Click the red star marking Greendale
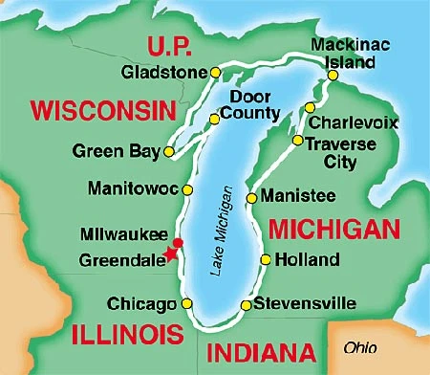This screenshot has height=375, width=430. tap(171, 253)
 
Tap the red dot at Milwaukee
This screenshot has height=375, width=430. tap(177, 241)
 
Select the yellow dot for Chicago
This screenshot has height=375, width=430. tap(187, 304)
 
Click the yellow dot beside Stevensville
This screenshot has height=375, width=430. tap(246, 305)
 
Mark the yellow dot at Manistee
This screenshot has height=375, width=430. tap(251, 198)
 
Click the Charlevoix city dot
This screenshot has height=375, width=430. tap(309, 107)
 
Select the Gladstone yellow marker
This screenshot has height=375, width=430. tap(215, 73)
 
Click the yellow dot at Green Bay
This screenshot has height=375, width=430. tap(169, 151)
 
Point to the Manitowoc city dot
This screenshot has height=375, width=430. tap(188, 188)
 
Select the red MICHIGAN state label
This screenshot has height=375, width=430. tap(332, 230)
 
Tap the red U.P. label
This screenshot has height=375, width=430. tap(168, 45)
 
